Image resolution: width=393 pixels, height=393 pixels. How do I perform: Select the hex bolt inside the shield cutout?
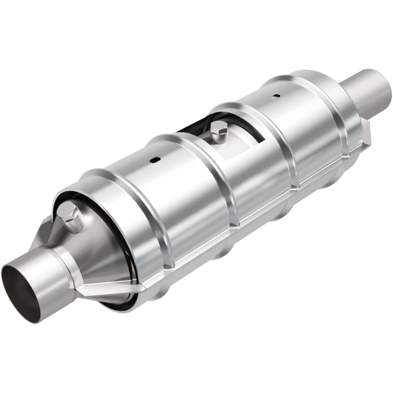(x=219, y=129)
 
